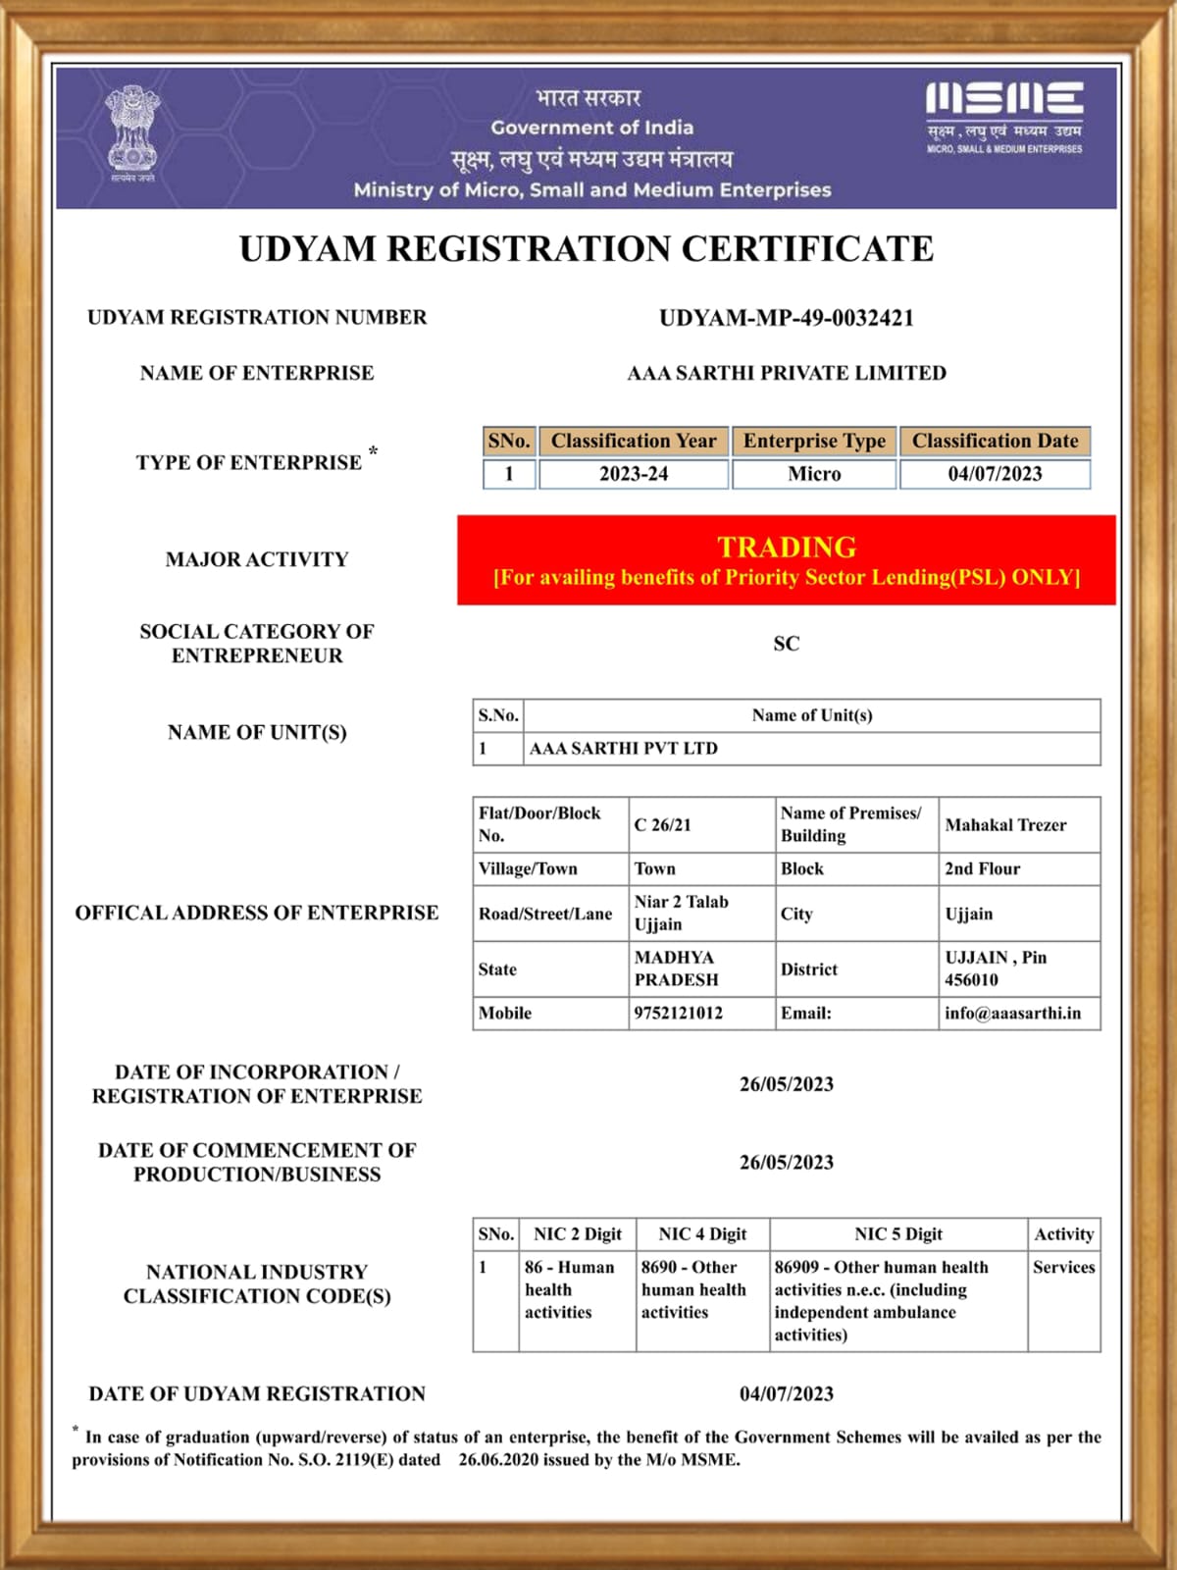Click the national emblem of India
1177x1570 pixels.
tap(132, 132)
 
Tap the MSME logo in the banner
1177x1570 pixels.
tap(1003, 117)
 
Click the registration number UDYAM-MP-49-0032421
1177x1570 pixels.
tap(786, 318)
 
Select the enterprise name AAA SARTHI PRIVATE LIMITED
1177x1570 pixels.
tap(787, 373)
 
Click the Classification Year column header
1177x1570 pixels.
tap(634, 442)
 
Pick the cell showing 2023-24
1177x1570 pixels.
tap(634, 474)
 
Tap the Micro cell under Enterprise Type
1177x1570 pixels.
tap(814, 474)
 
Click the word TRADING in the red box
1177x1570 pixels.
tap(787, 547)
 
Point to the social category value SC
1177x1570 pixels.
tap(787, 644)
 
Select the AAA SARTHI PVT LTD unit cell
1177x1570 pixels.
tap(624, 749)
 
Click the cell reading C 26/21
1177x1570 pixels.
tap(663, 825)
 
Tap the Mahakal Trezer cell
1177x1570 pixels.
tap(1005, 825)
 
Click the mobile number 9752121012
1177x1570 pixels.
tap(679, 1013)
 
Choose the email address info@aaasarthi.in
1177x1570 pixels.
tap(1012, 1013)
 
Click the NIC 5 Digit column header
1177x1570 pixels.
tap(897, 1234)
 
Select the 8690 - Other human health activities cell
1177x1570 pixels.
tap(693, 1289)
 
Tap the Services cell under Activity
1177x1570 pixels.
tap(1063, 1268)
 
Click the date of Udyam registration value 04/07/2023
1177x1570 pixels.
tap(787, 1394)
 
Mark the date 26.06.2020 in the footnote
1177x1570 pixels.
tap(501, 1460)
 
